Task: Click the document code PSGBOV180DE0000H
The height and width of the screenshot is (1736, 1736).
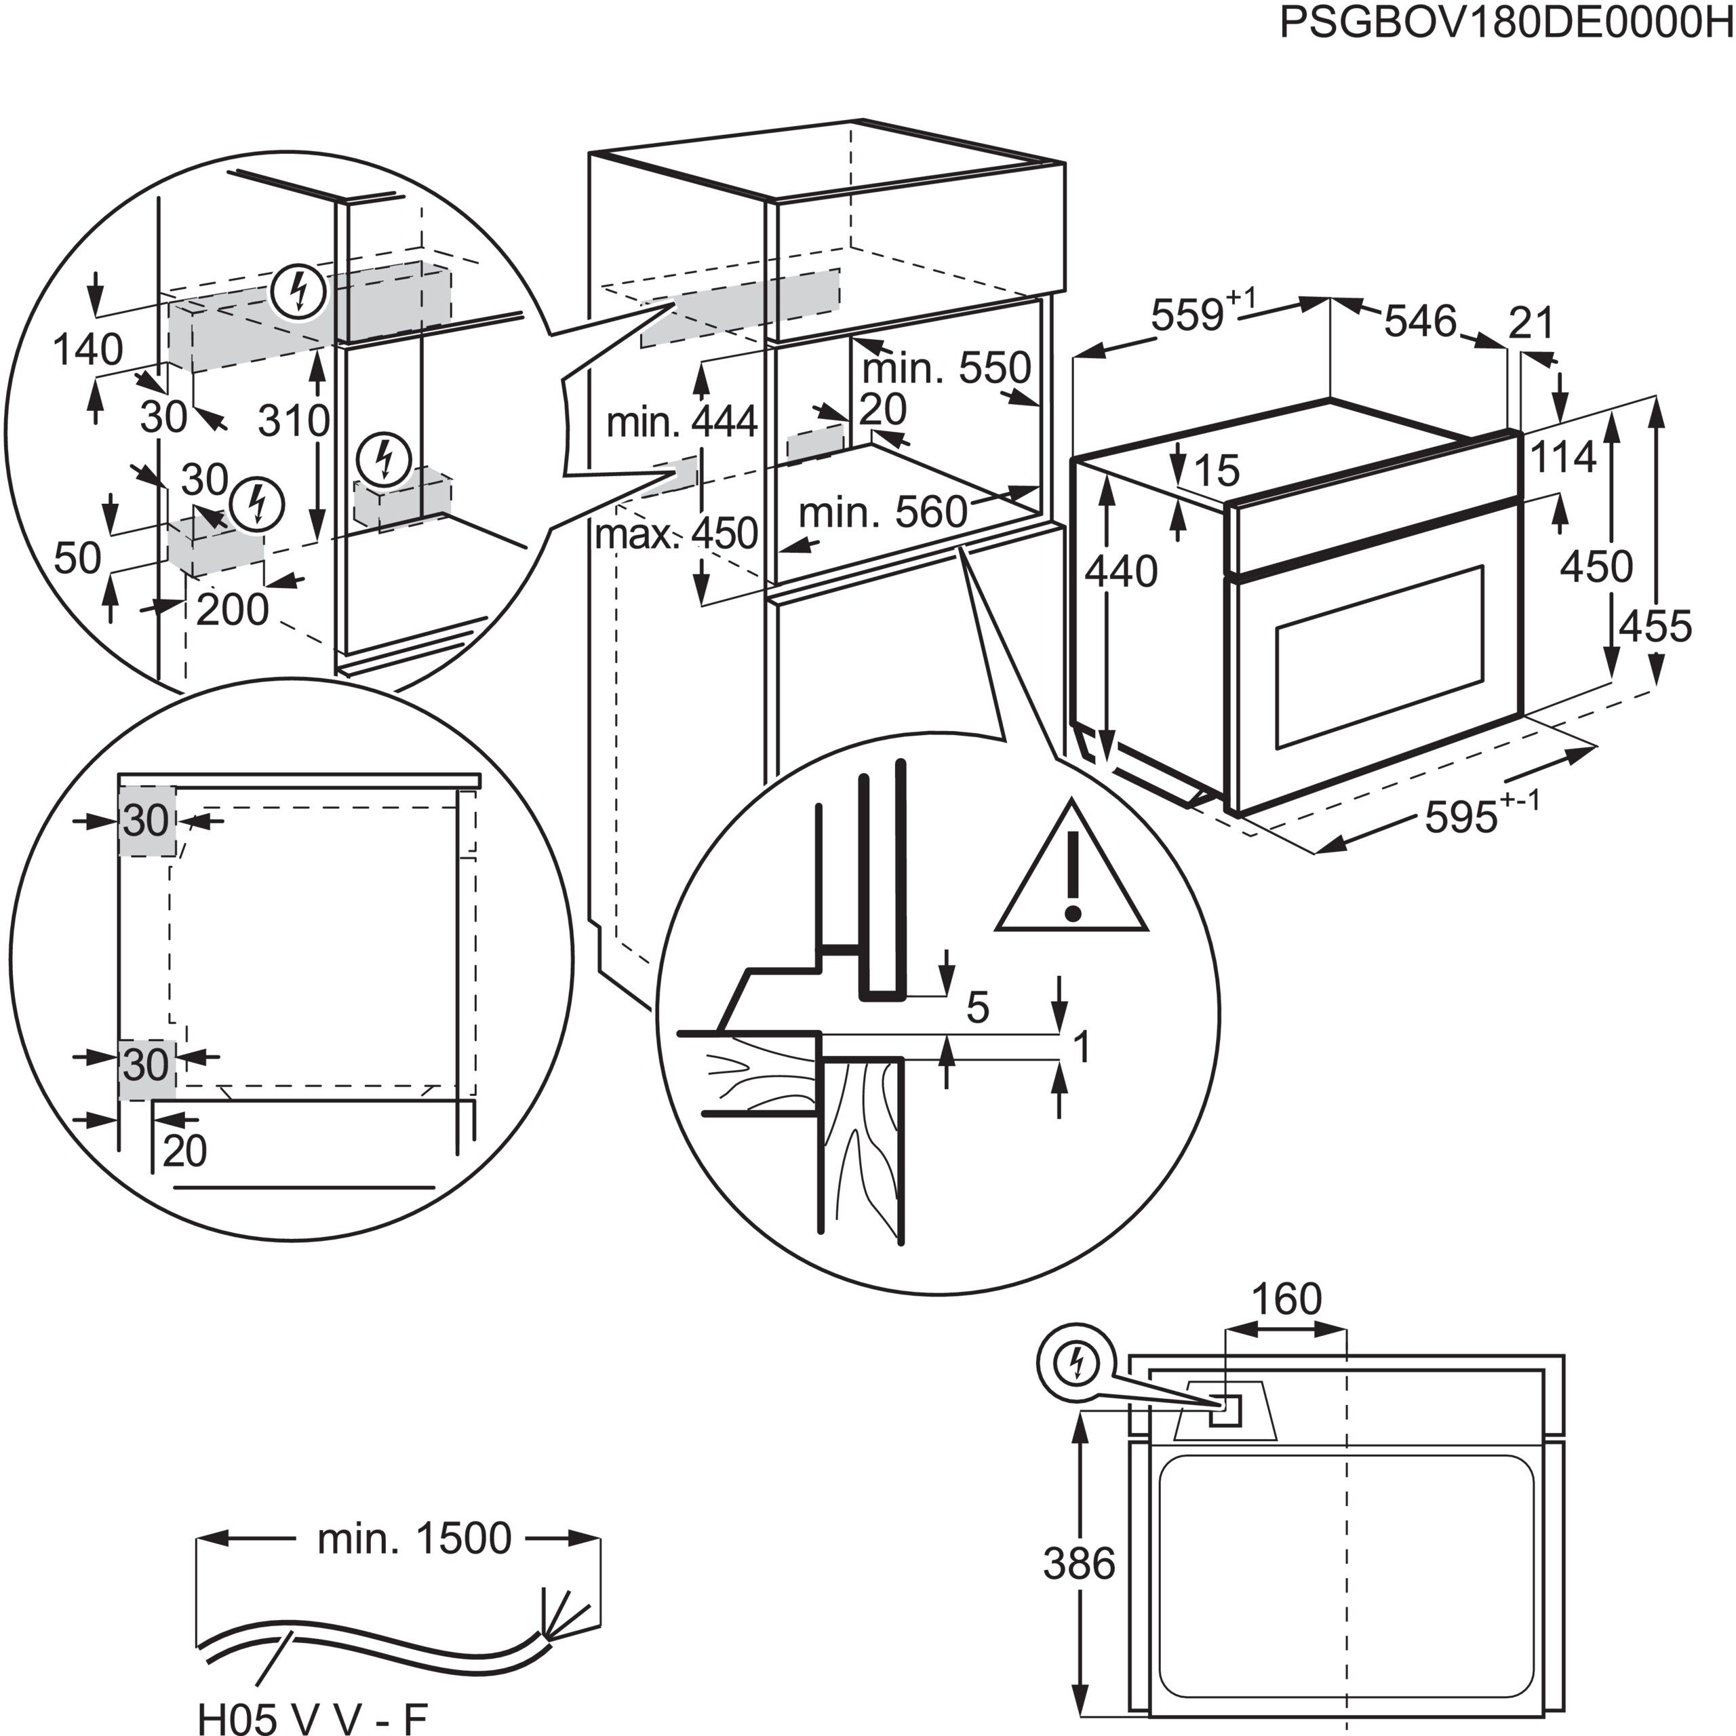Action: (x=1505, y=23)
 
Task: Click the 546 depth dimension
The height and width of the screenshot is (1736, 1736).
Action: (x=1420, y=321)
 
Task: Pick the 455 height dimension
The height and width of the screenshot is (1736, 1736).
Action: (x=1655, y=627)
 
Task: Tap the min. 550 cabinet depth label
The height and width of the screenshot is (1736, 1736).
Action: (x=946, y=368)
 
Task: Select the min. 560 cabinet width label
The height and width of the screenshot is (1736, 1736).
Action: (x=882, y=513)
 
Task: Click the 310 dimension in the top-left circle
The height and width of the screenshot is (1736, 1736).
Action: (x=294, y=420)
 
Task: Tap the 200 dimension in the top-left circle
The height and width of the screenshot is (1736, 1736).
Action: (x=232, y=611)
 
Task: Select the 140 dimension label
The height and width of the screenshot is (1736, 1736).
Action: (x=88, y=349)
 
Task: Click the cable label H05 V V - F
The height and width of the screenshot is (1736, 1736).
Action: (x=312, y=1717)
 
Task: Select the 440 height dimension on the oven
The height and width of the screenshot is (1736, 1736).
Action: (x=1120, y=572)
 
